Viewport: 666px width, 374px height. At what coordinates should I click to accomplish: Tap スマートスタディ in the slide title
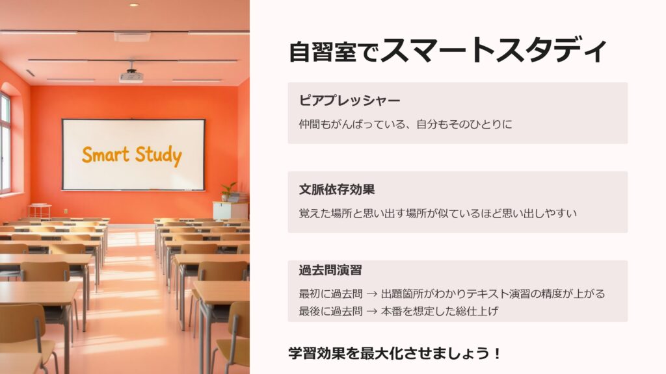click(x=494, y=50)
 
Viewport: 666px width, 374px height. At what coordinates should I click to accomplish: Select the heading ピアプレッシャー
click(x=349, y=101)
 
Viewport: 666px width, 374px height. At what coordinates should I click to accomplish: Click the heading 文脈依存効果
click(x=337, y=190)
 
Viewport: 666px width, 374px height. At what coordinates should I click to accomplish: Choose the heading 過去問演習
click(x=330, y=270)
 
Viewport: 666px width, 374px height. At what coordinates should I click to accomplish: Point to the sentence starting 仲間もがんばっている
click(x=406, y=124)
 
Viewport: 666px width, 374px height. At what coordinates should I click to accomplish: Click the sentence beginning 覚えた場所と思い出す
click(x=438, y=213)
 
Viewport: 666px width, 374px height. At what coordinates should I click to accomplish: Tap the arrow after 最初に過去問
click(x=371, y=294)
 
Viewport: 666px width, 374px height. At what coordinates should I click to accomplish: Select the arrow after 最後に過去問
click(x=371, y=311)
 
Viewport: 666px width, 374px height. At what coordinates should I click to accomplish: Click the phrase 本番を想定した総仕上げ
click(x=440, y=311)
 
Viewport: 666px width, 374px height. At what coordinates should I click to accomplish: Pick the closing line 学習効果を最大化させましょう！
click(x=395, y=353)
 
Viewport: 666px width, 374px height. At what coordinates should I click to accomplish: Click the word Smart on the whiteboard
click(x=105, y=155)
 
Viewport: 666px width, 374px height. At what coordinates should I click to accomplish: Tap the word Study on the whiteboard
click(x=159, y=156)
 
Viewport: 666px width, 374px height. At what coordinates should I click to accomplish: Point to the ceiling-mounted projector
click(x=131, y=76)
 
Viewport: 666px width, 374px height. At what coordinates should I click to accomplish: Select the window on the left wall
click(x=5, y=142)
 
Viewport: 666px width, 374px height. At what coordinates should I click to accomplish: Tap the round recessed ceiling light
click(x=134, y=5)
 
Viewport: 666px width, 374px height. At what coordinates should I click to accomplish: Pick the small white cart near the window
click(x=40, y=211)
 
